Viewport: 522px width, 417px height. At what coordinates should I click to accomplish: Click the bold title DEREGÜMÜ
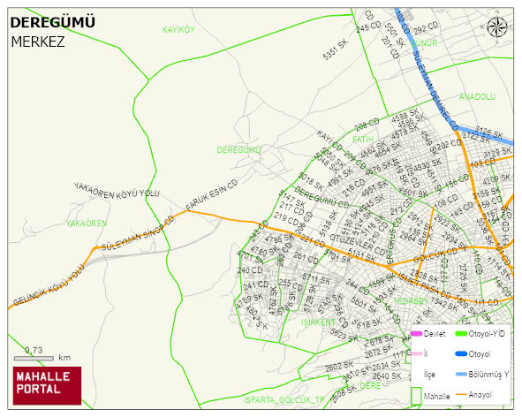pyautogui.click(x=52, y=22)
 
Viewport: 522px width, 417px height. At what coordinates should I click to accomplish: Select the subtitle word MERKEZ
pyautogui.click(x=37, y=41)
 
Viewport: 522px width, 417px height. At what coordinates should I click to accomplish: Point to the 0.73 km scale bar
pyautogui.click(x=40, y=357)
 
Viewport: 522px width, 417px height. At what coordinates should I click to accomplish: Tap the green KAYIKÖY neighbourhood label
pyautogui.click(x=178, y=29)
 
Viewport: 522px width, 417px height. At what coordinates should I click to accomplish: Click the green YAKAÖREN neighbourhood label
pyautogui.click(x=86, y=224)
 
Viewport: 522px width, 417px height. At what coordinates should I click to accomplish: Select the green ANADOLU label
pyautogui.click(x=477, y=96)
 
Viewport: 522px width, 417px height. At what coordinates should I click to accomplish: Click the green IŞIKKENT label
pyautogui.click(x=318, y=322)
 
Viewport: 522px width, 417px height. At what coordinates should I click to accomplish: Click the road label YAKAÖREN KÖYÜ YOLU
pyautogui.click(x=117, y=192)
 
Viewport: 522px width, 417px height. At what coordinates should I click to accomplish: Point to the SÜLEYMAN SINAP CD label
pyautogui.click(x=138, y=234)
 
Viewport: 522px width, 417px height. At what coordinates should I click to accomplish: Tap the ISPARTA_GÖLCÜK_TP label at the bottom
pyautogui.click(x=284, y=400)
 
